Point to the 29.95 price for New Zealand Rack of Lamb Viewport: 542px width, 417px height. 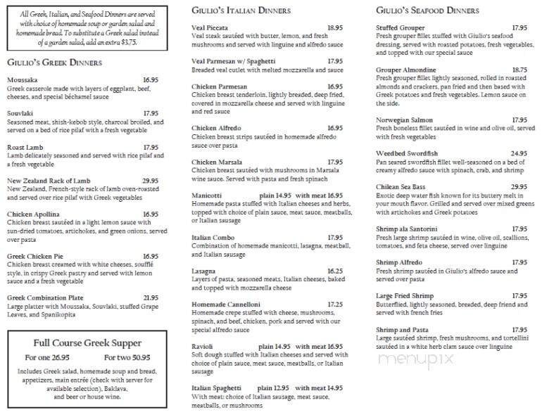tap(151, 181)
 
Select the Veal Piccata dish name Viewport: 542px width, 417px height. tap(208, 27)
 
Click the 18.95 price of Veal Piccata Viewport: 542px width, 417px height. tap(334, 27)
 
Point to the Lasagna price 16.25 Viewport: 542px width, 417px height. tap(334, 270)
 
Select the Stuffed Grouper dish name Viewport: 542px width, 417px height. tap(398, 27)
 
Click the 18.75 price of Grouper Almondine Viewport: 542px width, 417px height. tap(519, 70)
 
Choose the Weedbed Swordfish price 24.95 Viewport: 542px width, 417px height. tap(519, 153)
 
